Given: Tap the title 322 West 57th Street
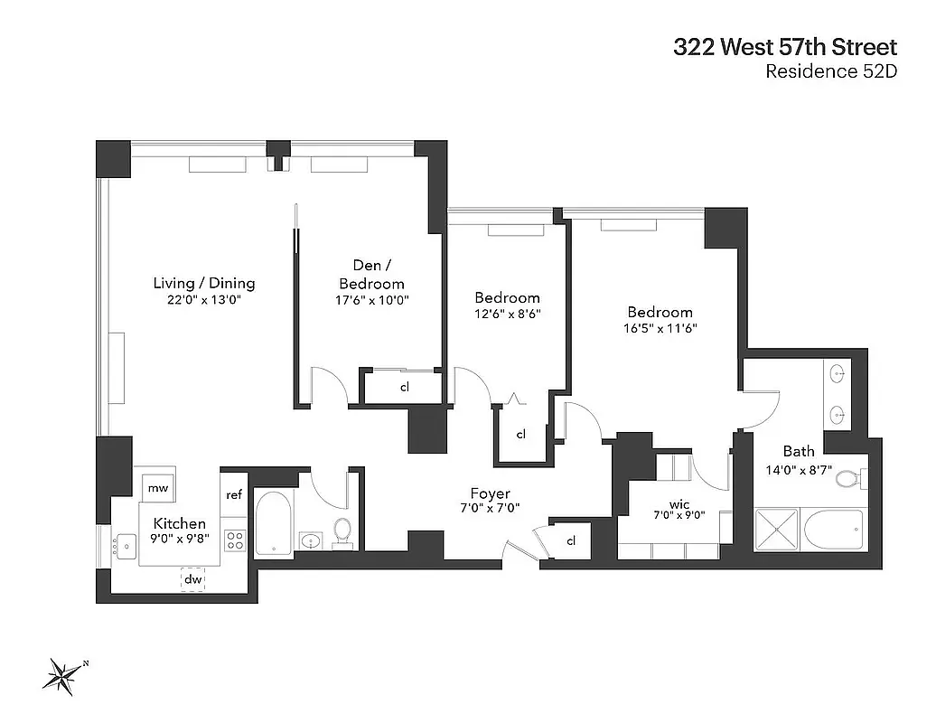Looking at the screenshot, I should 784,47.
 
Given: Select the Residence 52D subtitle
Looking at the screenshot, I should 830,73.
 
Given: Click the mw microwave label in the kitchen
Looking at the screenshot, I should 158,488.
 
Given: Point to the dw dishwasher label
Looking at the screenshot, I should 193,578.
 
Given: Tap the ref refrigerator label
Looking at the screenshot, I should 234,494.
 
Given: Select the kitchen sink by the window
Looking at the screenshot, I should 120,546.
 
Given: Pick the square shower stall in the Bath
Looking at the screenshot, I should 778,529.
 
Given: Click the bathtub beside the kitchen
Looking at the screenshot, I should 273,522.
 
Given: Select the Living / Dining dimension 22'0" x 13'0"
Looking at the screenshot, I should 203,300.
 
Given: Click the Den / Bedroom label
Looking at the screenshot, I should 372,274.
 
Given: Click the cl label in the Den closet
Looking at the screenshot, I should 406,388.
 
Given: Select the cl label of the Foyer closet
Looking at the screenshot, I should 571,540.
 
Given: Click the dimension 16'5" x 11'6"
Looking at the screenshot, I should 660,329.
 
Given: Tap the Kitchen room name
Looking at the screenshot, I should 179,523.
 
